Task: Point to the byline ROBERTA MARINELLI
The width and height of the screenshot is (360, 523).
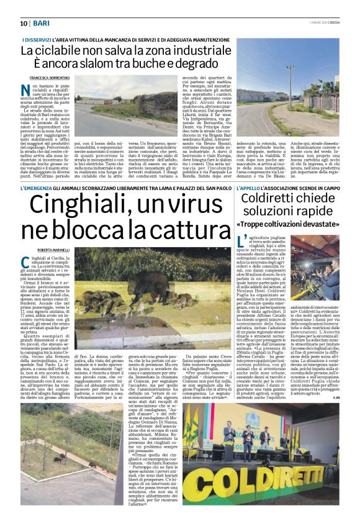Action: click(62, 250)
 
